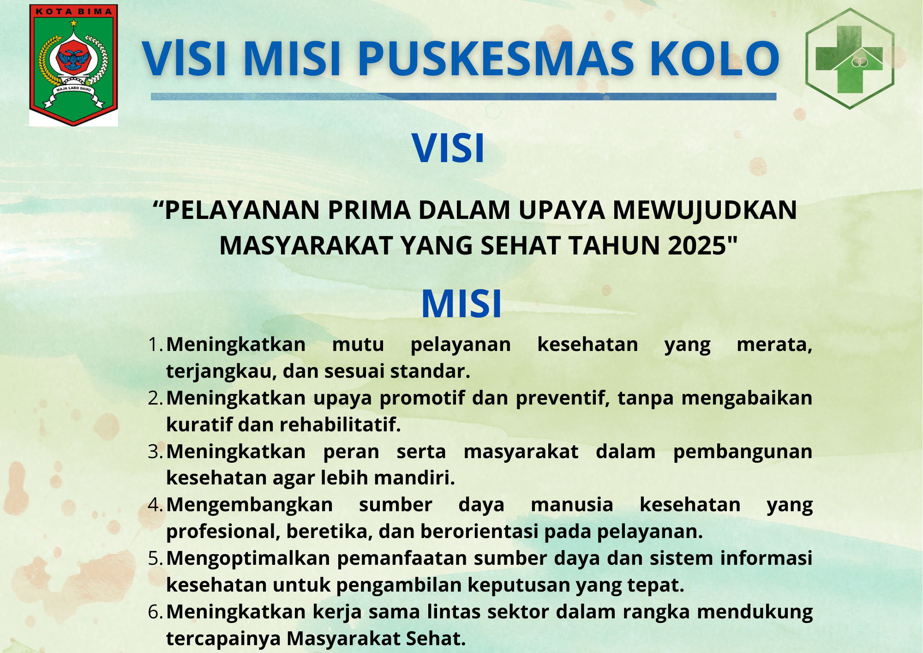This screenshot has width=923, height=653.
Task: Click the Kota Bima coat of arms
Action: [74, 65]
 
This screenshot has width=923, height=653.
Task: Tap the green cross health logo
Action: [850, 59]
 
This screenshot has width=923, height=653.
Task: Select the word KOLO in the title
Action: [714, 59]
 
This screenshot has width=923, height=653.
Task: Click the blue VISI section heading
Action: [448, 148]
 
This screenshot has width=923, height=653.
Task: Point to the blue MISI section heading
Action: [461, 304]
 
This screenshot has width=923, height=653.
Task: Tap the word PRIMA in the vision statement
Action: [369, 210]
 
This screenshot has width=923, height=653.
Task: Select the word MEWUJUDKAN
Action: [705, 210]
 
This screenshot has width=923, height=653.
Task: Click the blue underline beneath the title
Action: [463, 97]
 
